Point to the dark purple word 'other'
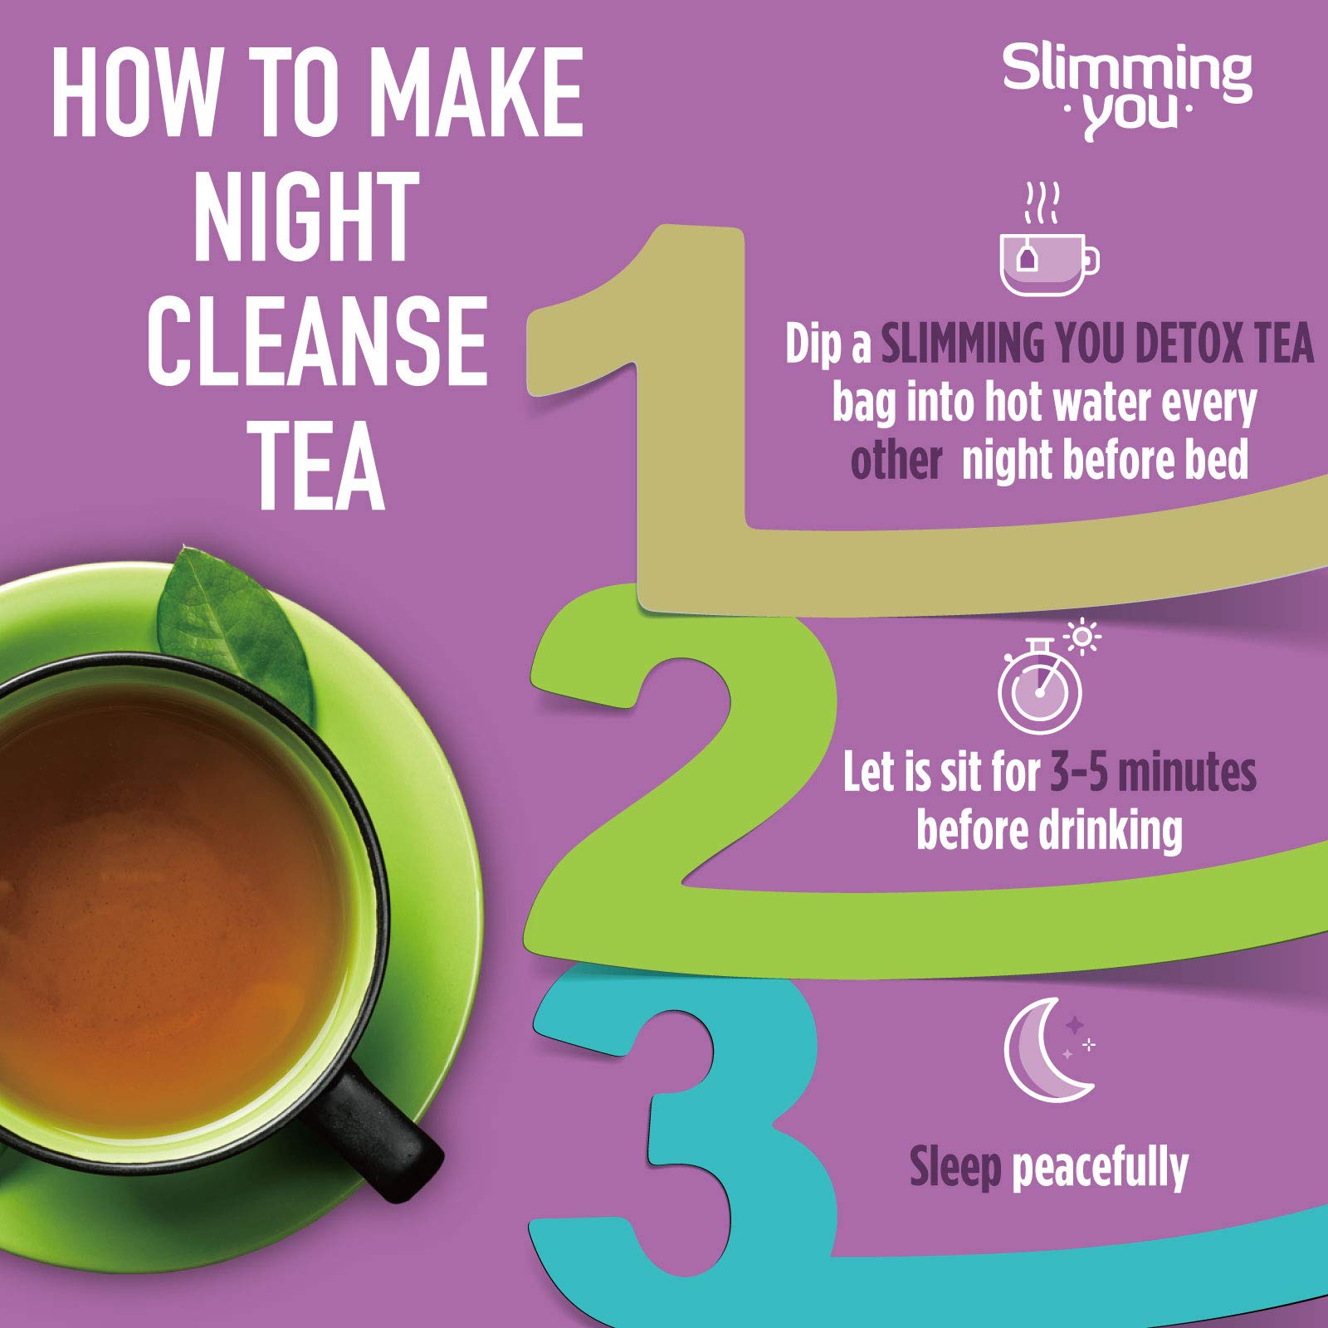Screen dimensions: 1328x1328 click(x=896, y=461)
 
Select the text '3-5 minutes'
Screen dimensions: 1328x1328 click(x=1153, y=772)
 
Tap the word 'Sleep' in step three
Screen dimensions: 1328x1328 click(x=955, y=1168)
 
